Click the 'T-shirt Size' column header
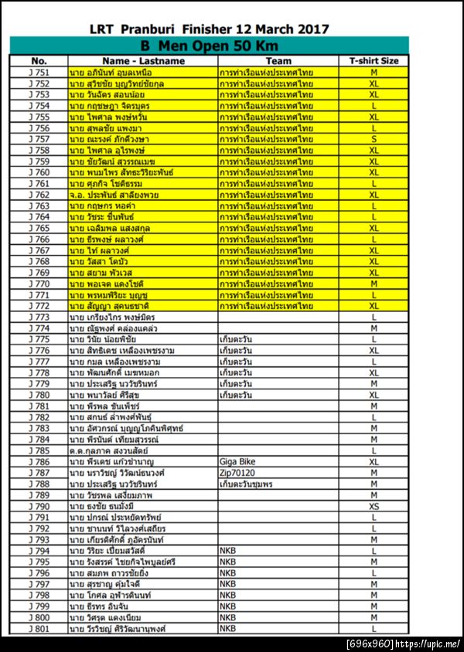click(374, 60)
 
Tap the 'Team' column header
click(278, 60)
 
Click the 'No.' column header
click(39, 60)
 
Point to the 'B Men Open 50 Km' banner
click(208, 46)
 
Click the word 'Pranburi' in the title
click(143, 29)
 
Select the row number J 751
click(39, 72)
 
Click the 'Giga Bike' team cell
click(238, 462)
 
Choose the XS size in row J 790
click(374, 507)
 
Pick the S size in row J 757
click(374, 139)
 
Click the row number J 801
click(39, 629)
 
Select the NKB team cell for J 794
click(228, 551)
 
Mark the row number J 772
click(39, 307)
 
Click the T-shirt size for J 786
click(374, 462)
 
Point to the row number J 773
click(39, 318)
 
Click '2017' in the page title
click(311, 29)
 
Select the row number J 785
click(39, 450)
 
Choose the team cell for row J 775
click(236, 339)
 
